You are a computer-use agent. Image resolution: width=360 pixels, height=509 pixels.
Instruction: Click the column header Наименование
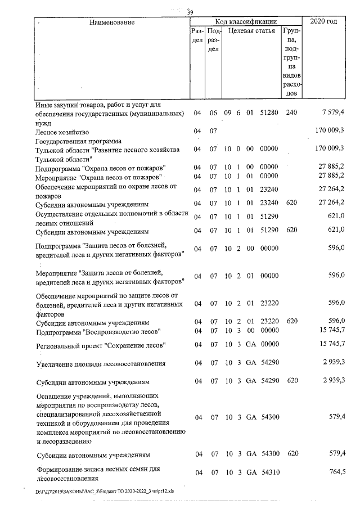(x=111, y=22)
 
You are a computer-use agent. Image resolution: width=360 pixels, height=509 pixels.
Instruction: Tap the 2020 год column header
(x=327, y=21)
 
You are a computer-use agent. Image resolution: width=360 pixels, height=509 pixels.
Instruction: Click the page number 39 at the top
(x=190, y=12)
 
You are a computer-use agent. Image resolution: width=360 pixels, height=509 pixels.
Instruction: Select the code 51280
(x=269, y=113)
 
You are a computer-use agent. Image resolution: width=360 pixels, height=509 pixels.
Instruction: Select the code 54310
(x=269, y=472)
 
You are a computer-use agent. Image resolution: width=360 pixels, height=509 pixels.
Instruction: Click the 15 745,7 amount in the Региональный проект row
(x=331, y=344)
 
